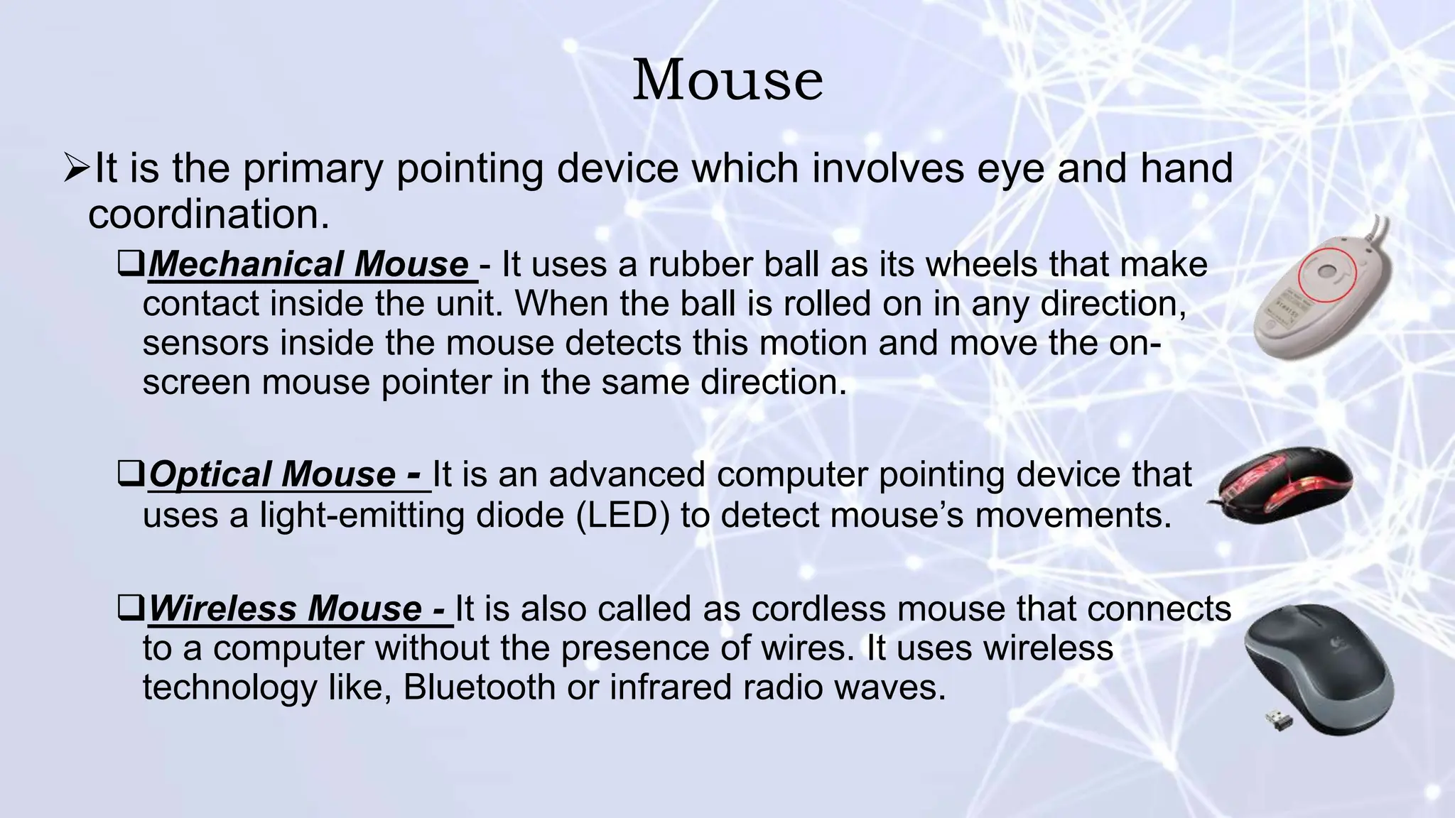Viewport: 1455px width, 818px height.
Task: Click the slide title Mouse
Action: coord(727,80)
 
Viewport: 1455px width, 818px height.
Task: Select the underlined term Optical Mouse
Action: coord(284,474)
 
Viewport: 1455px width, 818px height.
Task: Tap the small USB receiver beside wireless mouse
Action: coord(1279,721)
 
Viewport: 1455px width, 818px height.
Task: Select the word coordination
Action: coord(209,214)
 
